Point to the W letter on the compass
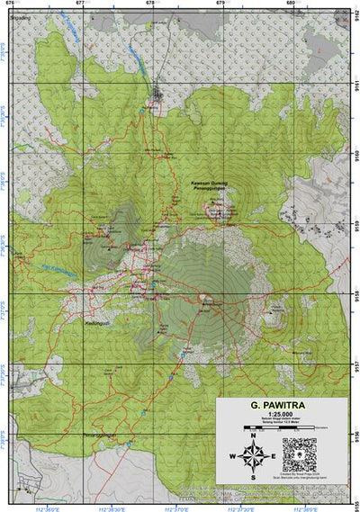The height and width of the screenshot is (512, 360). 233,456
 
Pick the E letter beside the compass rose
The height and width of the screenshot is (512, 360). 273,456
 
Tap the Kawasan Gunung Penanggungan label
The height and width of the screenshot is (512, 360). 211,187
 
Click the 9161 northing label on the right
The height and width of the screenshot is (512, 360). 355,85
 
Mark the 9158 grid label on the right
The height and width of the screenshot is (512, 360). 355,294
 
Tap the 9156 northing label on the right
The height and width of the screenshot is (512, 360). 355,434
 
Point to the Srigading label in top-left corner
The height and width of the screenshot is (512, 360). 19,16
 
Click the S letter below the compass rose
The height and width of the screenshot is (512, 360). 253,478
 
